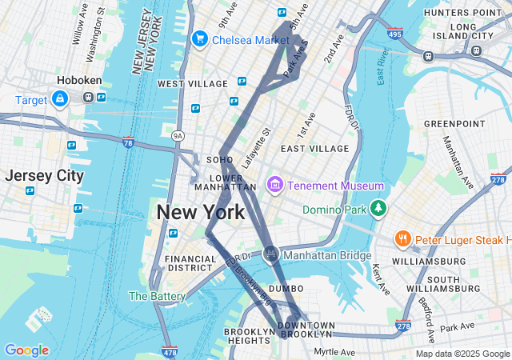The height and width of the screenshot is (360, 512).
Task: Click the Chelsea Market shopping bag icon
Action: coord(199,38)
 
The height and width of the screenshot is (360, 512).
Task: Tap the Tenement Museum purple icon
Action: coord(275,186)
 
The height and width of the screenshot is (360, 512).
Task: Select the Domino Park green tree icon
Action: coord(378,210)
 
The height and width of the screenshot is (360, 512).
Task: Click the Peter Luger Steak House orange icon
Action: coord(402,238)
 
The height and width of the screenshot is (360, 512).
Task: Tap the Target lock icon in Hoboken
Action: coord(60,98)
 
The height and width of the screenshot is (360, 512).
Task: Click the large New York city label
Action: coord(201,213)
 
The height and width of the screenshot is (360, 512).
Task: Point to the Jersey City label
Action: coord(44,176)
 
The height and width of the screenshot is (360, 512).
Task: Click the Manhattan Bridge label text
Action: coord(328,256)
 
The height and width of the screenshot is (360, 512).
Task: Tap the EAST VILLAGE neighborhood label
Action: coord(314,149)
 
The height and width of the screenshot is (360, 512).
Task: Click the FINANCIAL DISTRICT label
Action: coord(190,264)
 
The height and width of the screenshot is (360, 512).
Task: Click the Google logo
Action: coord(26,350)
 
